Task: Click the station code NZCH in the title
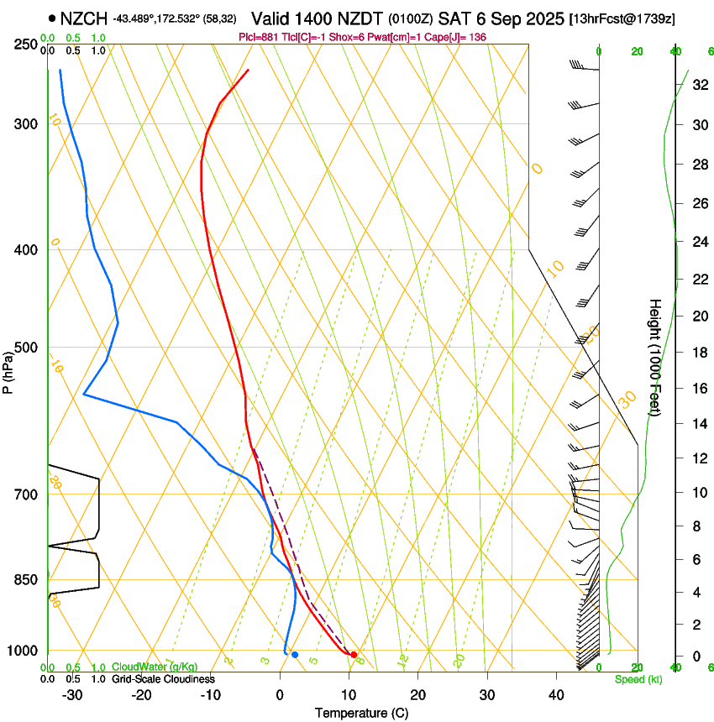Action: coord(84,18)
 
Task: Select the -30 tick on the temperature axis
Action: coord(72,695)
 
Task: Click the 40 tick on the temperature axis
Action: coord(556,695)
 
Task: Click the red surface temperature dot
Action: coord(354,654)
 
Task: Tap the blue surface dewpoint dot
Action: coord(295,654)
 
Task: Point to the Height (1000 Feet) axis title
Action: coord(655,357)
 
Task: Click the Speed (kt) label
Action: coord(638,679)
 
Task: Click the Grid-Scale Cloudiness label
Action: coord(163,679)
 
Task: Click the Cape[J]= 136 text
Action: coord(458,37)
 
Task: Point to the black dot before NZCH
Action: coord(53,18)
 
